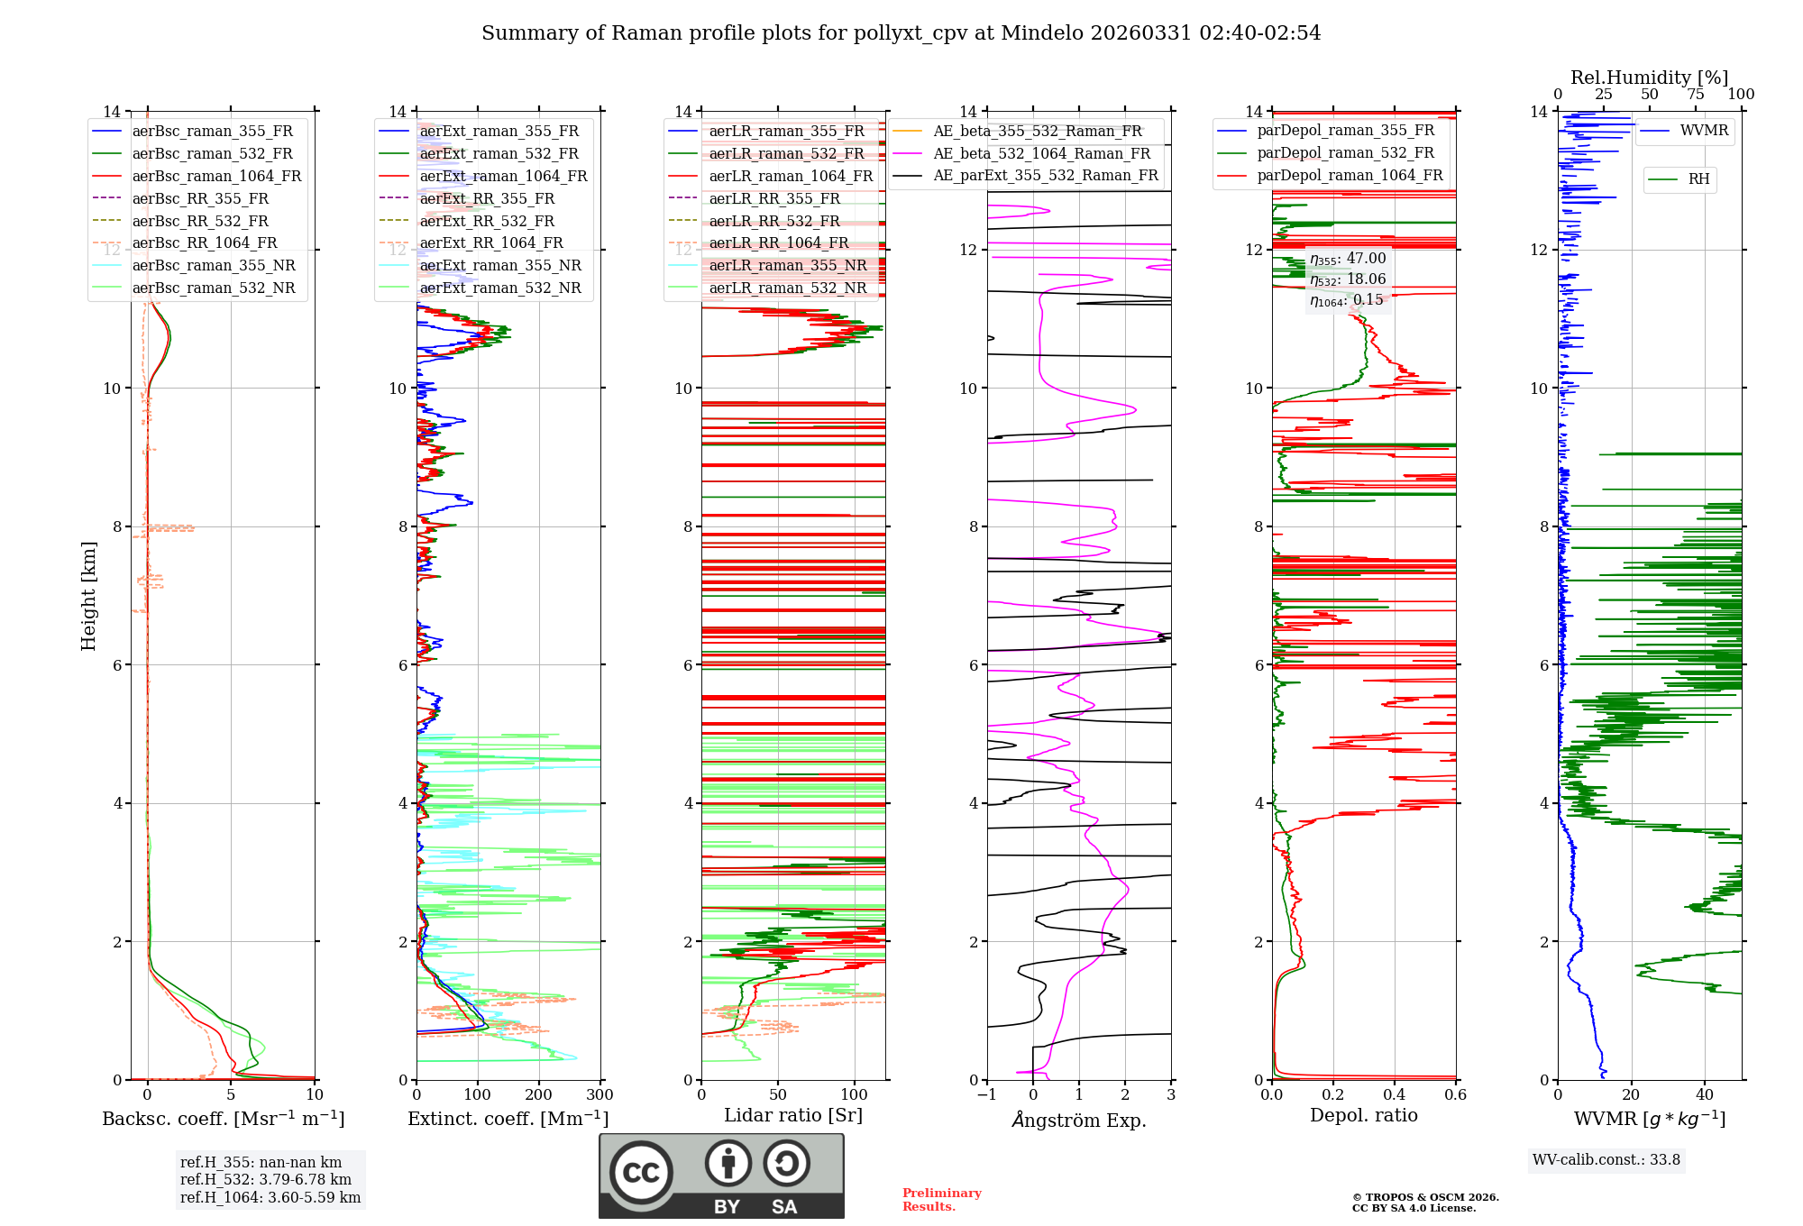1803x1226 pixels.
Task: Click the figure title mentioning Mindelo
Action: point(901,33)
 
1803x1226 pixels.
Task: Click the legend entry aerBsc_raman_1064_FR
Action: point(216,176)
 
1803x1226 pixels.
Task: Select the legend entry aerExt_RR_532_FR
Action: point(487,221)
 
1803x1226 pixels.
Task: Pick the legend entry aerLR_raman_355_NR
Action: point(787,265)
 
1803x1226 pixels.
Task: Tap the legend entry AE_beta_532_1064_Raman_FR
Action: point(1041,153)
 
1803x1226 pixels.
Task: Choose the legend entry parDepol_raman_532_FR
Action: point(1345,152)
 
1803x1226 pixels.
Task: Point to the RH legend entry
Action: point(1698,179)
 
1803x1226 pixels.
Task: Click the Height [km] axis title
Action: point(88,595)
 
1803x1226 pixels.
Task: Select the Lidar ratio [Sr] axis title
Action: point(793,1115)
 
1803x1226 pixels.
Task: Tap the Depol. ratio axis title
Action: point(1363,1115)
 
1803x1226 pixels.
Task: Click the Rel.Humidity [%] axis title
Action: point(1649,78)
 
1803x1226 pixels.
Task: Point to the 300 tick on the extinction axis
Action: point(599,1094)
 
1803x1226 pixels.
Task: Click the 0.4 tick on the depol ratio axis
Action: point(1394,1094)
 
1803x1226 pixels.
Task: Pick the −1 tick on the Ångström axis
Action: point(986,1094)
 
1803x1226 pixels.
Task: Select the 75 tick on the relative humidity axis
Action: point(1695,95)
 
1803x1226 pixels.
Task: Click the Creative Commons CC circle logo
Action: point(641,1172)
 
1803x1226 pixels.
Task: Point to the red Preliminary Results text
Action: point(941,1200)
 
